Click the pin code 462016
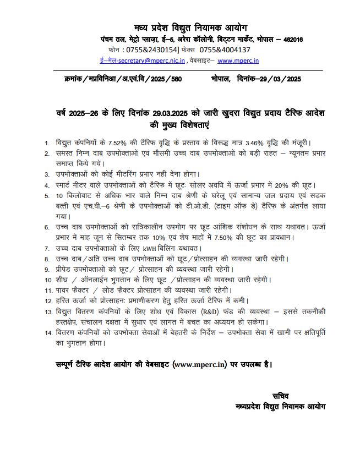pyautogui.click(x=291, y=40)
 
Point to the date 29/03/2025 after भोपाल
pyautogui.click(x=279, y=79)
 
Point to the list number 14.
pyautogui.click(x=48, y=332)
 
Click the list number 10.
pyautogui.click(x=48, y=280)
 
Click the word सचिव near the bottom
pyautogui.click(x=280, y=396)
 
